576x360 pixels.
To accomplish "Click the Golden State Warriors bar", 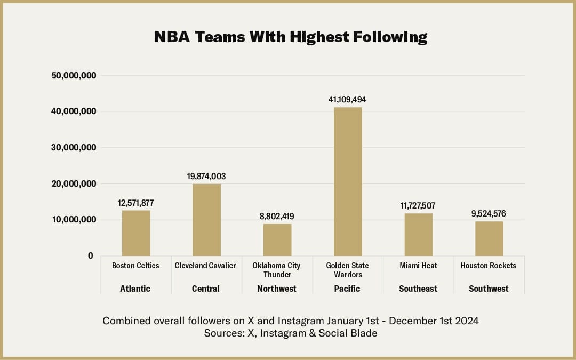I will [x=348, y=181].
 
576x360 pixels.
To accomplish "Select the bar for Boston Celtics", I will [x=136, y=233].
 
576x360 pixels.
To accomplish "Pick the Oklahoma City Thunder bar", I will [x=277, y=240].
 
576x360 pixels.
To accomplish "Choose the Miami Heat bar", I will [x=418, y=235].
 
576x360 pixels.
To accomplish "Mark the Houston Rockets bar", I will [x=489, y=238].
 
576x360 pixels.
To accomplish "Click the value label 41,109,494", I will [x=348, y=100].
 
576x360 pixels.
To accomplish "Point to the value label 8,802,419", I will [x=277, y=217].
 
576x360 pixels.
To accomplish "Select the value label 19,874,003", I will [x=206, y=176].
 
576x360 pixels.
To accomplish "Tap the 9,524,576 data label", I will [x=489, y=214].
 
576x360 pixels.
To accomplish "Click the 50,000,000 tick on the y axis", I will [x=74, y=75].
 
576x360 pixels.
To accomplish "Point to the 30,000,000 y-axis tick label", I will [x=74, y=148].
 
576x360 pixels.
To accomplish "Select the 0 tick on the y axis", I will [x=91, y=256].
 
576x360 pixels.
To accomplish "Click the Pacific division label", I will [x=347, y=289].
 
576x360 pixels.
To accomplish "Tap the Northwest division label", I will [x=277, y=289].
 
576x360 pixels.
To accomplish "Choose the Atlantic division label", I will [x=135, y=289].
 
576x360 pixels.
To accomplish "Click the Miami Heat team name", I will [x=418, y=266].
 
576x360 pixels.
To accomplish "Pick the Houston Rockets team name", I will [x=488, y=266].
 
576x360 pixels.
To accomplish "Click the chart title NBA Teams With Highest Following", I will [x=291, y=37].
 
